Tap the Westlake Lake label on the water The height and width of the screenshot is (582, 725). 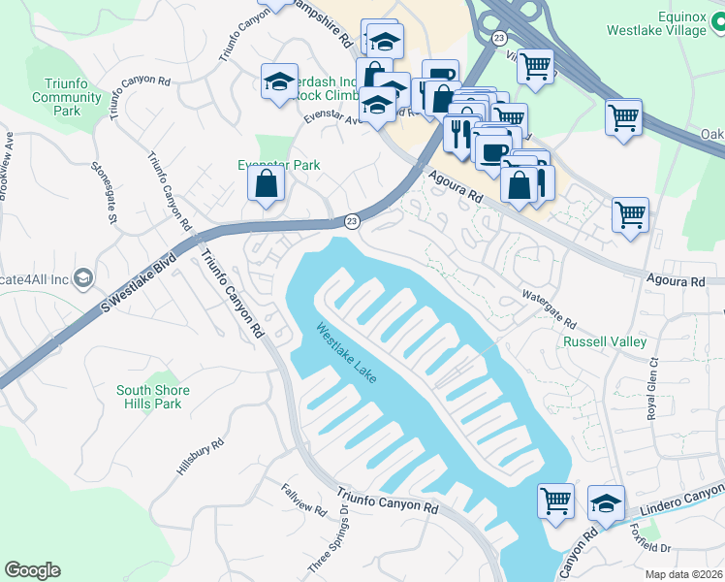pos(345,352)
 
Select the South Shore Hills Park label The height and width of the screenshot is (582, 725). pos(153,397)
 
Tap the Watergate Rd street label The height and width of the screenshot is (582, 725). pos(548,306)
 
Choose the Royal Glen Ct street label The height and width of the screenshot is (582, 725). pos(652,387)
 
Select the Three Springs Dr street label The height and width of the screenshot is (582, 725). pos(341,540)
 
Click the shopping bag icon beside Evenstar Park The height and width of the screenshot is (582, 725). pos(266,184)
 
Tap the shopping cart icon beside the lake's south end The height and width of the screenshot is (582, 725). pos(556,501)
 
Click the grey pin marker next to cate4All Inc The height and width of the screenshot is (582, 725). pos(82,278)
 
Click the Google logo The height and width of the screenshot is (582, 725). pos(32,570)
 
